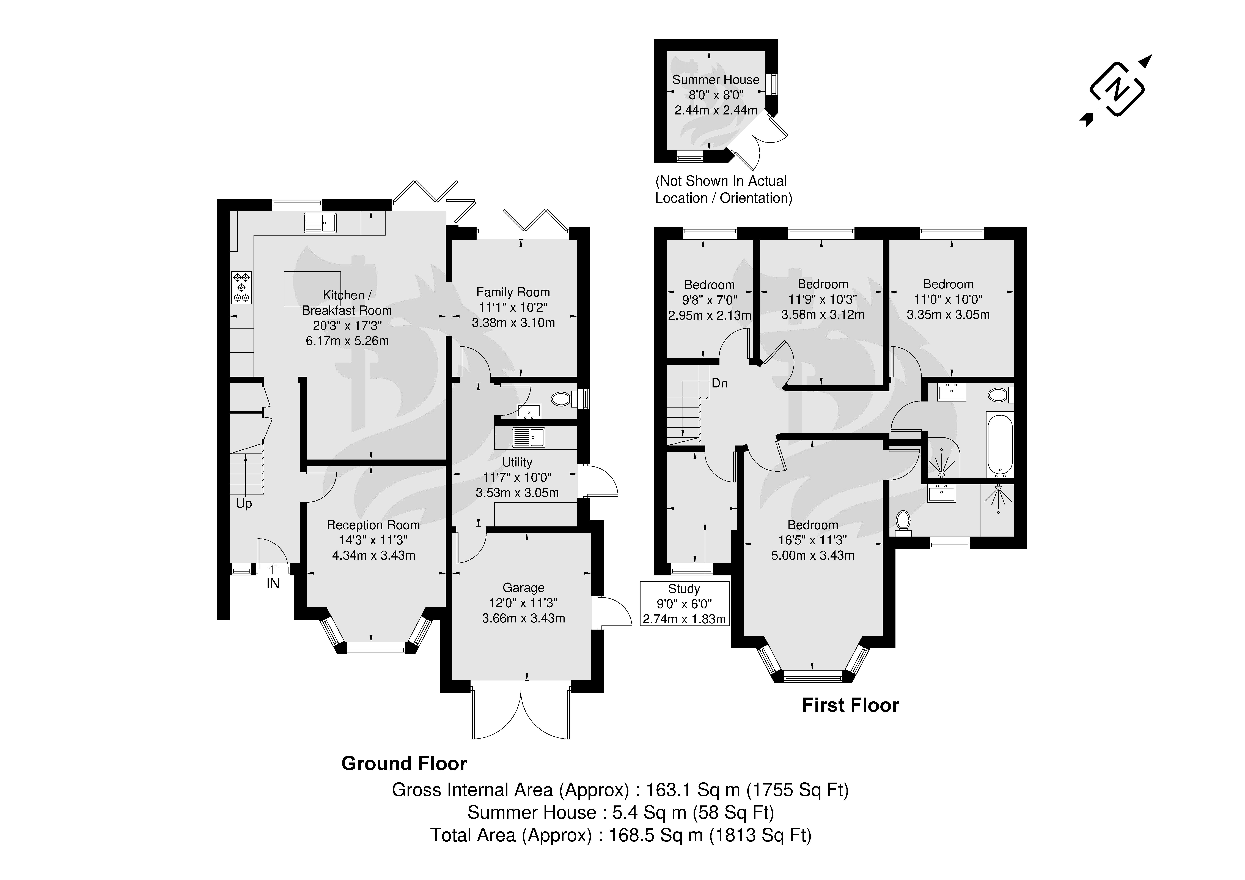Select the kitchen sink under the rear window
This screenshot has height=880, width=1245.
320,222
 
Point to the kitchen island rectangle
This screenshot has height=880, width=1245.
312,289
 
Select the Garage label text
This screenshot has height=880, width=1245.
523,587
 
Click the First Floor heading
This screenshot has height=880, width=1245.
850,705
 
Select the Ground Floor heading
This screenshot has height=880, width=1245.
404,763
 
